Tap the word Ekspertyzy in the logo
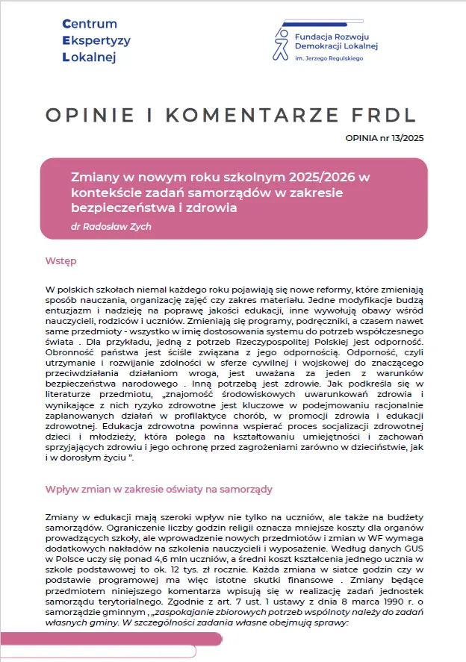tap(96, 41)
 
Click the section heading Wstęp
tap(60, 262)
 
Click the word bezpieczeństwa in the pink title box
tap(120, 207)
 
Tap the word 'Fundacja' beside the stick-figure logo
tap(317, 34)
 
